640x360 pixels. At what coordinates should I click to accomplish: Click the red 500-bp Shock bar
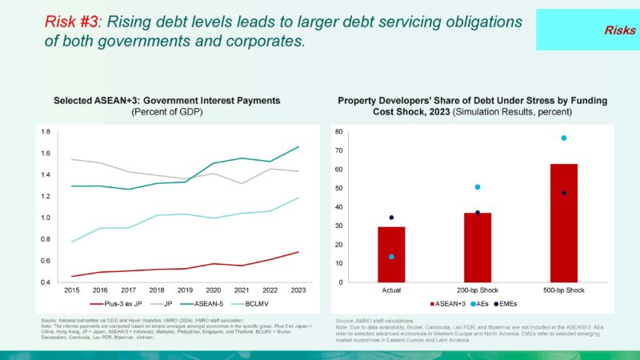coord(563,222)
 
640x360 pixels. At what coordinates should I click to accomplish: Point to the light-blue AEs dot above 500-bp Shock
coord(563,138)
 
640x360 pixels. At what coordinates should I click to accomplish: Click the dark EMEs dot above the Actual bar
coord(391,218)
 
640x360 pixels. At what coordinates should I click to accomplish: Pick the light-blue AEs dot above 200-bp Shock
coord(478,187)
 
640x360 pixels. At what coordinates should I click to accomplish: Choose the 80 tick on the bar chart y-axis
coord(339,132)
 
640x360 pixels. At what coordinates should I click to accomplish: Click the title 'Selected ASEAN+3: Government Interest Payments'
coord(167,101)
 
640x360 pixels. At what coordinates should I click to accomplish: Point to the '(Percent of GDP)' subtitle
coord(167,112)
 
